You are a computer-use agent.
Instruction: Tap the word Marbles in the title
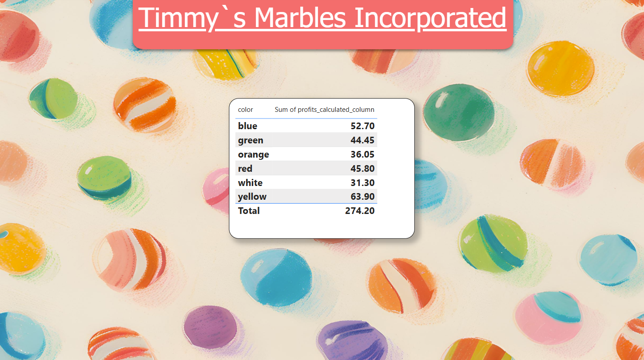(300, 17)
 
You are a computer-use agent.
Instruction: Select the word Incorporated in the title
(430, 18)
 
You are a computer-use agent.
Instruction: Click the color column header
(245, 110)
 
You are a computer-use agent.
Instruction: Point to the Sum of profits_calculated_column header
(324, 110)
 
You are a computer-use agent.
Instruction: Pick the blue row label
(247, 126)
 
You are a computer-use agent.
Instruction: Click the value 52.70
(362, 126)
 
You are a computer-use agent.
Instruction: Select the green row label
(250, 141)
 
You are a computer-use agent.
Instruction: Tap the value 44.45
(362, 140)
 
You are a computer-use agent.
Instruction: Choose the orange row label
(253, 155)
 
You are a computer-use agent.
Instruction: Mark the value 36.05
(362, 154)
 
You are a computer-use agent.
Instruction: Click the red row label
(245, 168)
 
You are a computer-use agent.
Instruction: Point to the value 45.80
(362, 168)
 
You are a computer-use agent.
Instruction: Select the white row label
(250, 182)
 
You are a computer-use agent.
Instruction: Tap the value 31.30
(362, 182)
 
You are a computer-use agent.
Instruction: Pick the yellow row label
(252, 197)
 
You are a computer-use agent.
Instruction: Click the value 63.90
(362, 197)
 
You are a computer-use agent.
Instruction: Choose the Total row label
(249, 210)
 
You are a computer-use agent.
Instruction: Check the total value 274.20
(360, 210)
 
